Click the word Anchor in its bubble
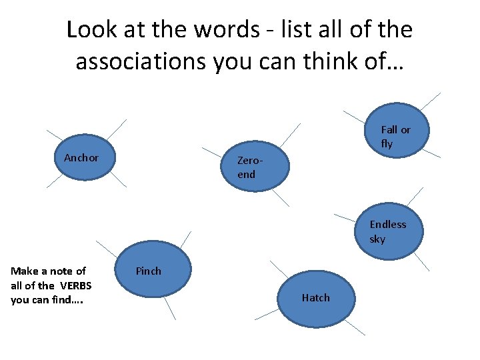click(81, 158)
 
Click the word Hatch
click(315, 298)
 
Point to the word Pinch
click(148, 271)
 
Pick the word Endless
click(387, 225)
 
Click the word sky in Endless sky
click(377, 239)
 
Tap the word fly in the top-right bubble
click(387, 144)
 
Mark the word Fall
click(389, 129)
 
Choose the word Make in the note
click(24, 271)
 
